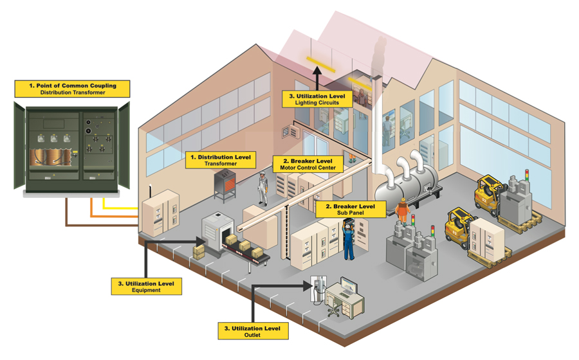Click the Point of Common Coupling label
pos(72,89)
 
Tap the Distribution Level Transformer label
pos(221,160)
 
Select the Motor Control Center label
pos(308,164)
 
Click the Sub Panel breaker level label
pos(351,209)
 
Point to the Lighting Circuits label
pos(317,99)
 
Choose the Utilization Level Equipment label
pos(146,287)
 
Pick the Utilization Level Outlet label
pos(253,331)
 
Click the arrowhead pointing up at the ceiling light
pos(317,71)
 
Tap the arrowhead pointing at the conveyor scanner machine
pos(201,242)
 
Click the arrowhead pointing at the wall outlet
pos(308,285)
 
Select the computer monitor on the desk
pos(349,287)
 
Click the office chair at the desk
pos(333,307)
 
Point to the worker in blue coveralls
pos(349,239)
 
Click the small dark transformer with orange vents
pos(225,184)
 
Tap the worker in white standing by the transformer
pos(262,188)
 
